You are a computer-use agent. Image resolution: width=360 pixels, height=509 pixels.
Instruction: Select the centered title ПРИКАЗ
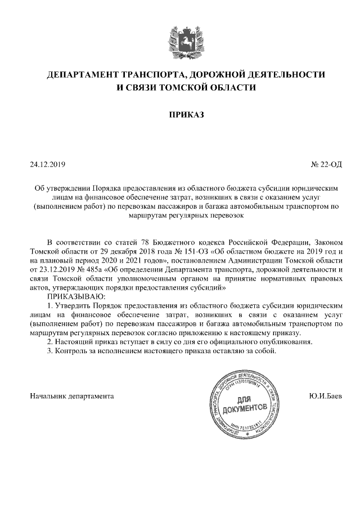(x=180, y=115)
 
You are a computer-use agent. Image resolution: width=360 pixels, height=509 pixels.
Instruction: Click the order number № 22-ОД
(x=326, y=165)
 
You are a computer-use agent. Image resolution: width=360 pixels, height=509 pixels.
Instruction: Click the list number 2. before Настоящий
(x=50, y=341)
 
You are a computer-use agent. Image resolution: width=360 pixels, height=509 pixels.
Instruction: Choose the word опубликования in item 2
(x=286, y=341)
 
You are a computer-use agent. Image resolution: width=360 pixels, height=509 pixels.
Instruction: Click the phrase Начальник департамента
(x=71, y=395)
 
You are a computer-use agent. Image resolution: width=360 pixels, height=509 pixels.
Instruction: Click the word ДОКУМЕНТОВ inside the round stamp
(x=244, y=407)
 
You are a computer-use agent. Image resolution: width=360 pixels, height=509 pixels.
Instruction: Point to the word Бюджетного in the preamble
(x=154, y=242)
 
